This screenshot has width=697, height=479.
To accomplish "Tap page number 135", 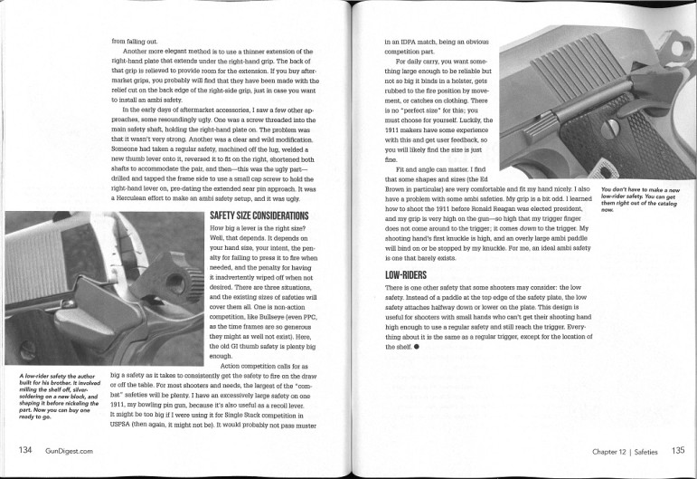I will [677, 449].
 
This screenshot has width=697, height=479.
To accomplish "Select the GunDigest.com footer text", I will [63, 449].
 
